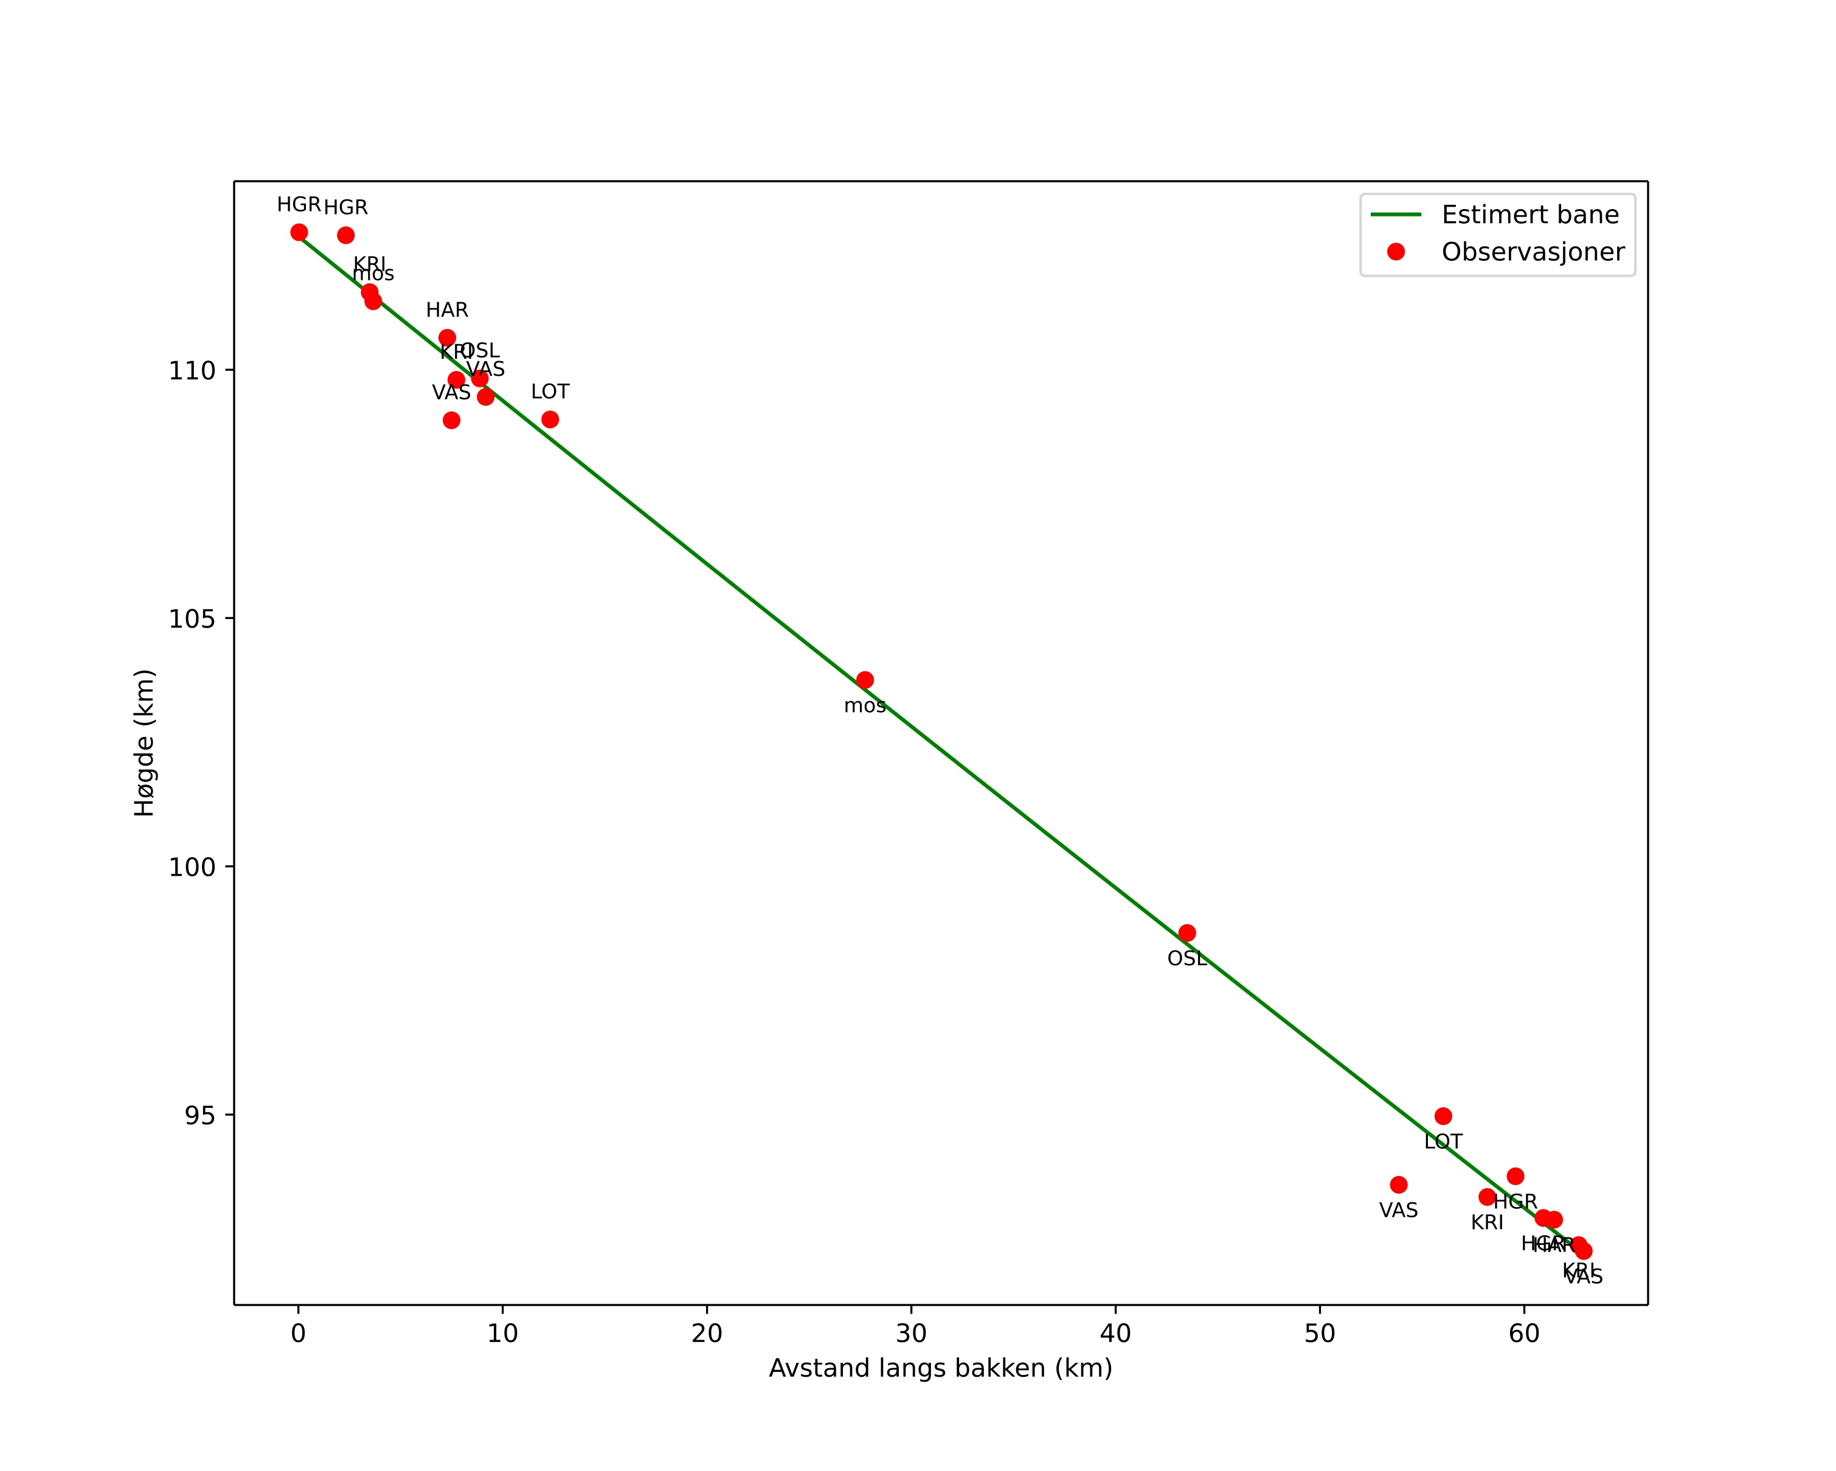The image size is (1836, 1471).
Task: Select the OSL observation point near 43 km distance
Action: [x=1187, y=933]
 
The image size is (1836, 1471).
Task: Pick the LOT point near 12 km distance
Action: [x=550, y=420]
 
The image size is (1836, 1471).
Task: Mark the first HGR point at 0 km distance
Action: [x=299, y=232]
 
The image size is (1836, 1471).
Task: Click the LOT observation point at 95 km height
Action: [x=1443, y=1116]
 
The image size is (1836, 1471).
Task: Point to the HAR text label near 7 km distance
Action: [x=447, y=310]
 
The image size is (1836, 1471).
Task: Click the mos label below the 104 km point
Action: [x=864, y=706]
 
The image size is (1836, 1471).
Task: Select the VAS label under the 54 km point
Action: [x=1398, y=1211]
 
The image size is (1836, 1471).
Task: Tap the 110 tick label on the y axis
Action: [x=192, y=370]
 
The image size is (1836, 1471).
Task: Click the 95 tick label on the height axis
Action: [x=200, y=1115]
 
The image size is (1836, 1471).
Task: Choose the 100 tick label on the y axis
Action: [x=192, y=867]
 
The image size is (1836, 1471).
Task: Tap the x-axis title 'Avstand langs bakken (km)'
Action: [x=940, y=1368]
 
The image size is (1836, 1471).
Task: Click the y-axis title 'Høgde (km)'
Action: [x=145, y=742]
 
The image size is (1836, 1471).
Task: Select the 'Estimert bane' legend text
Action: [x=1529, y=215]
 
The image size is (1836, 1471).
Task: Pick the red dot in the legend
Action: [x=1396, y=252]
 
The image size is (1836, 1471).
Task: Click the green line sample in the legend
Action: [x=1396, y=215]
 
